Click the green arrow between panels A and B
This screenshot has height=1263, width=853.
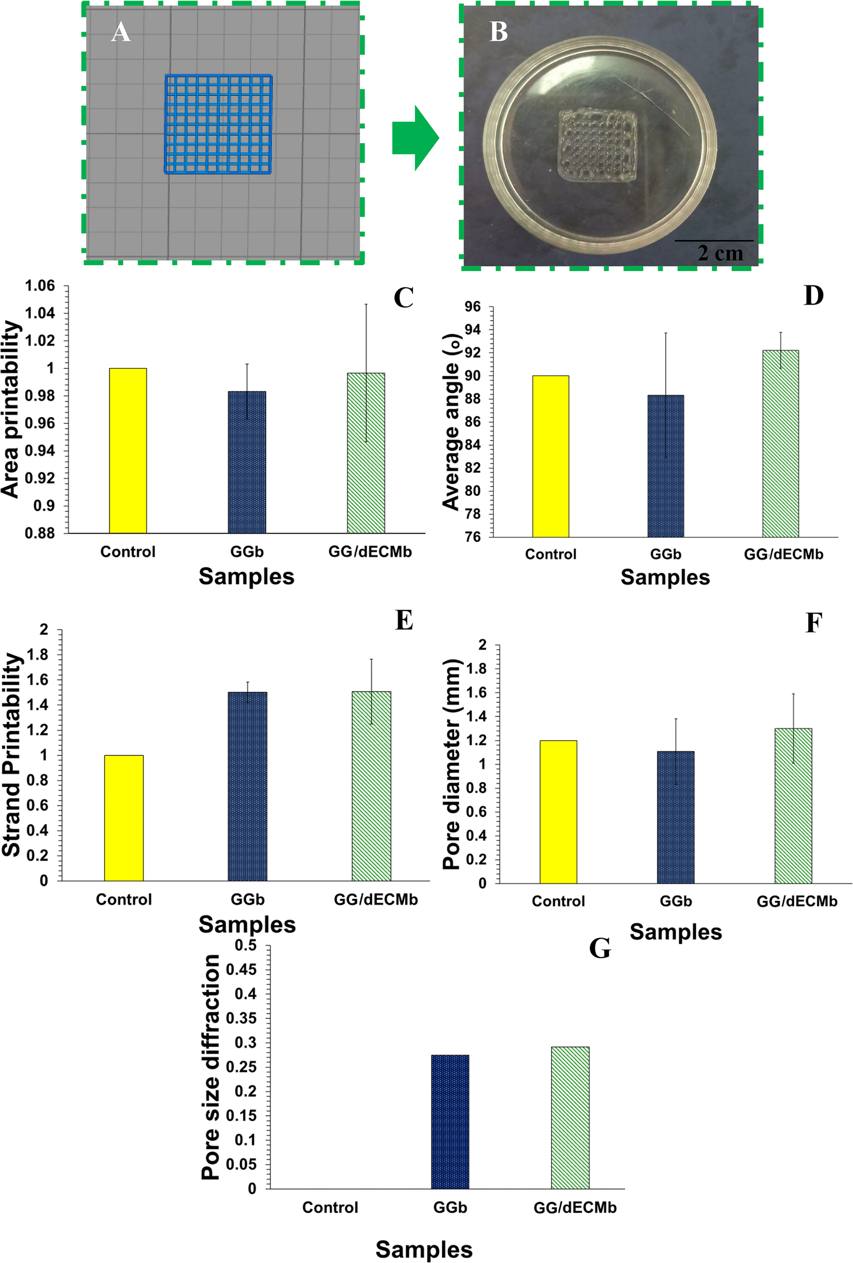coord(414,138)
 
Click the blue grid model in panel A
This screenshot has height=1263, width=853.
coord(218,125)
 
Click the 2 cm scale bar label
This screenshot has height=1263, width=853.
coord(720,253)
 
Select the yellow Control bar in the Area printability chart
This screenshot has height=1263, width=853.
coord(128,451)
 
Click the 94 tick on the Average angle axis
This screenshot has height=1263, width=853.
coord(472,330)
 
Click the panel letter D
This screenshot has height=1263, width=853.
coord(813,296)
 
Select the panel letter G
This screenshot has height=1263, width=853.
coord(599,948)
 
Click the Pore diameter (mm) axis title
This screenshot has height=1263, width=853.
coord(452,764)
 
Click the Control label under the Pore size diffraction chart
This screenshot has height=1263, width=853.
coord(330,1207)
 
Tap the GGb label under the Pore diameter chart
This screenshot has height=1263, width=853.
coord(676,902)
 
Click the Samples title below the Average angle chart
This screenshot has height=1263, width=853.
coord(665,578)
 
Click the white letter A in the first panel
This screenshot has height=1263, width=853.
coord(121,32)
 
